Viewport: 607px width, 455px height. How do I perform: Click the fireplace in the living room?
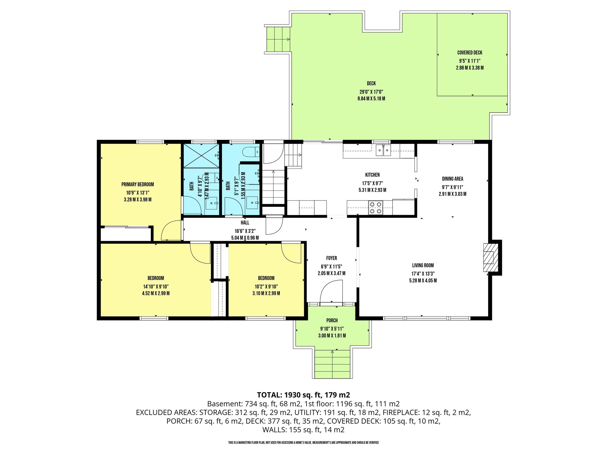tap(491, 257)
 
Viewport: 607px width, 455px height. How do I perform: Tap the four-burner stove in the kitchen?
tap(376, 208)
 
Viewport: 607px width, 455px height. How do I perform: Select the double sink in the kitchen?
tap(384, 150)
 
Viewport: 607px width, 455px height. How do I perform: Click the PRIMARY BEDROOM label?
tap(138, 185)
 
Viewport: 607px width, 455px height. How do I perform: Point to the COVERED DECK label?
tap(470, 53)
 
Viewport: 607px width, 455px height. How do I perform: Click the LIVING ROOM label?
tap(423, 265)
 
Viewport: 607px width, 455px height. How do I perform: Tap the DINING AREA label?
tap(452, 179)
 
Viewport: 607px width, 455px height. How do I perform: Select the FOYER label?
tap(331, 258)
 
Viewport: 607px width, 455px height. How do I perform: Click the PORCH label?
tap(332, 321)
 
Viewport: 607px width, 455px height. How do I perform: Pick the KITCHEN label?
tap(372, 175)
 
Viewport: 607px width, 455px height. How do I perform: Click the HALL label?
tap(245, 223)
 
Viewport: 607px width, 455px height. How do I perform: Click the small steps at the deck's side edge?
tap(278, 39)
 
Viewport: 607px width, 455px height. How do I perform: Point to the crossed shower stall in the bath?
tap(202, 156)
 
